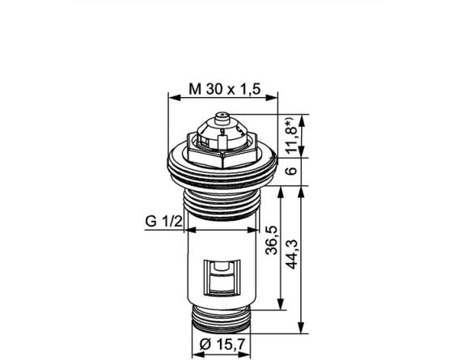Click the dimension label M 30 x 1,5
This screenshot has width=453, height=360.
coord(222,87)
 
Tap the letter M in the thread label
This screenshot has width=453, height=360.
coord(195,87)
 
